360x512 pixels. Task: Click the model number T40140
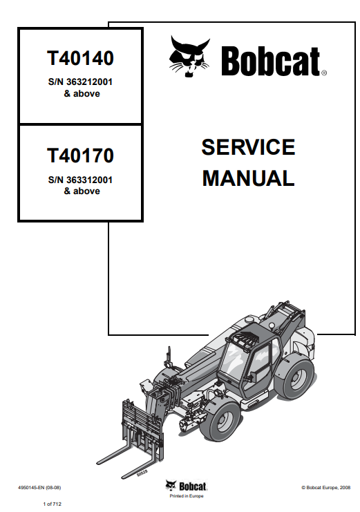(x=80, y=58)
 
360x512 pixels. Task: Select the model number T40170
(x=80, y=155)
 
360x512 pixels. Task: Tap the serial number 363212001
(x=90, y=82)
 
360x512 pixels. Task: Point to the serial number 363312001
(x=90, y=180)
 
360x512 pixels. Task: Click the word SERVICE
(x=248, y=147)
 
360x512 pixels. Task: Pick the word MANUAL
(x=248, y=178)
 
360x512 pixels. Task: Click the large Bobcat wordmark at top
(x=270, y=61)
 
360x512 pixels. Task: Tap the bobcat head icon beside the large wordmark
(x=189, y=56)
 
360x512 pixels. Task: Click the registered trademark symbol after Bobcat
(x=324, y=73)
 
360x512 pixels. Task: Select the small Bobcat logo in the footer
(x=186, y=486)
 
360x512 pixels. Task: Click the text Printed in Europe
(x=187, y=495)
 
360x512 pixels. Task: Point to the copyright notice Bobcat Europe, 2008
(x=325, y=488)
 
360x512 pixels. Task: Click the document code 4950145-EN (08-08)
(x=39, y=488)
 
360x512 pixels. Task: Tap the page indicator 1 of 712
(x=53, y=504)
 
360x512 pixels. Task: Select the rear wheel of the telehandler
(x=294, y=378)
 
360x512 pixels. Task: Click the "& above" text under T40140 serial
(x=82, y=94)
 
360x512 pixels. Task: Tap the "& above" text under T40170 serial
(x=82, y=191)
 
